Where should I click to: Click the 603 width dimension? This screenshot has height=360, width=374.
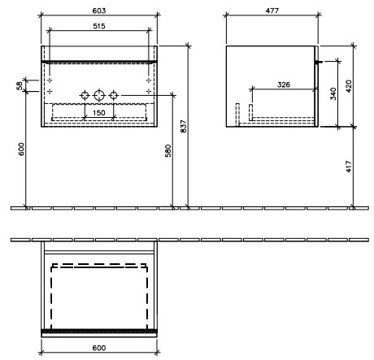(x=99, y=11)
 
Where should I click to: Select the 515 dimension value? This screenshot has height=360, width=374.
(x=99, y=26)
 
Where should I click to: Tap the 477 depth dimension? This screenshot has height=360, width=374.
(x=272, y=11)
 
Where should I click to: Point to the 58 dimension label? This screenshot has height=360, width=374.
(x=20, y=86)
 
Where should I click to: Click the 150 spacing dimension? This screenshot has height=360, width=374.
(x=99, y=112)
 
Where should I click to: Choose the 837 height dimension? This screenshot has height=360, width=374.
(x=184, y=126)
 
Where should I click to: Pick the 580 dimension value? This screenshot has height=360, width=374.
(x=168, y=151)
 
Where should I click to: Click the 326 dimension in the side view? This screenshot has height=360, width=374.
(x=284, y=85)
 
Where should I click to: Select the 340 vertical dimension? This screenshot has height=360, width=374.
(x=333, y=93)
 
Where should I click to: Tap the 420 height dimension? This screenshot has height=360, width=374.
(x=349, y=86)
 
